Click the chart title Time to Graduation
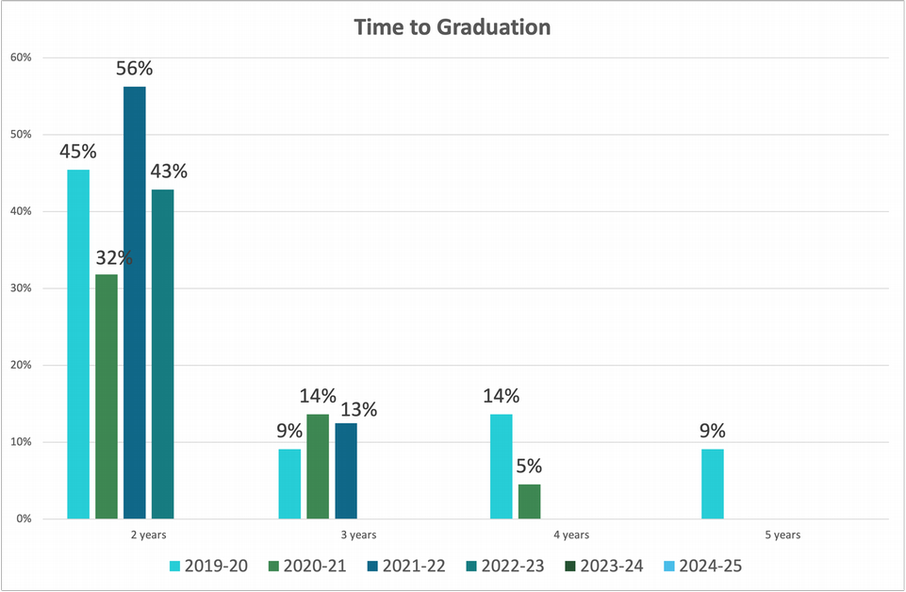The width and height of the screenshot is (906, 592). [x=453, y=27]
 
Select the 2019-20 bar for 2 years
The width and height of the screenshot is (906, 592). [x=78, y=344]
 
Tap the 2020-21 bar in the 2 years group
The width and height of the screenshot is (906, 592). [x=107, y=396]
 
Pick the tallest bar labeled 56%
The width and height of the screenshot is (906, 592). [x=135, y=302]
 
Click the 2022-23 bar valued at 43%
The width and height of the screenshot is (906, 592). [x=162, y=354]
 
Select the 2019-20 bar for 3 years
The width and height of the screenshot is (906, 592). [x=290, y=484]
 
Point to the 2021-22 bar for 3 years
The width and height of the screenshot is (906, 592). [x=346, y=470]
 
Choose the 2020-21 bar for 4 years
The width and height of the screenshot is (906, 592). [x=530, y=502]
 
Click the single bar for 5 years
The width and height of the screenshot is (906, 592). [x=713, y=484]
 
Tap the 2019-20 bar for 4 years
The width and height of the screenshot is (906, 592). [x=502, y=467]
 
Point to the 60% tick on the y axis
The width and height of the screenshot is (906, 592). [x=21, y=58]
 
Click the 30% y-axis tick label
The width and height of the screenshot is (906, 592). [x=21, y=288]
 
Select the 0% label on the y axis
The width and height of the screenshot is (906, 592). [x=24, y=518]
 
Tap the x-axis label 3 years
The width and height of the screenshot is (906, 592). [x=359, y=535]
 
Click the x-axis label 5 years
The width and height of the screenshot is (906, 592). [x=782, y=535]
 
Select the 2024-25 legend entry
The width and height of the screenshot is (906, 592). [x=702, y=567]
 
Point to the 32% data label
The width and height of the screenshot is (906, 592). [x=112, y=257]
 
